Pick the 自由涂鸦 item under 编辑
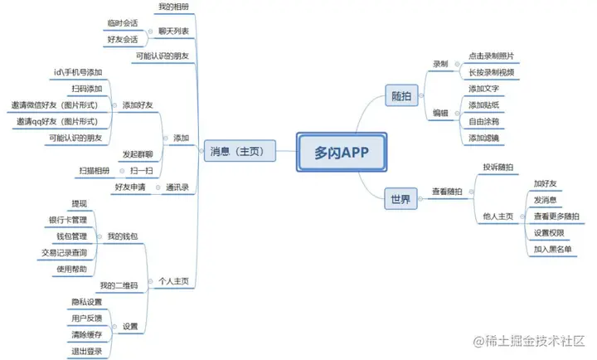tap(484, 121)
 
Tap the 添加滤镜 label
tap(484, 138)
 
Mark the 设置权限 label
tap(548, 233)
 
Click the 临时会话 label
tap(122, 22)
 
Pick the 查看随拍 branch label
tap(449, 192)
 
